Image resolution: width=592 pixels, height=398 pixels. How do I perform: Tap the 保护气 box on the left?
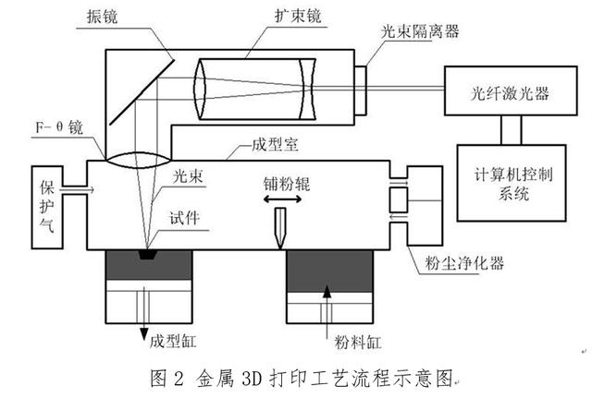48,206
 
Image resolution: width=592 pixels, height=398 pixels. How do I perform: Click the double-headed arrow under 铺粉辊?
280,198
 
